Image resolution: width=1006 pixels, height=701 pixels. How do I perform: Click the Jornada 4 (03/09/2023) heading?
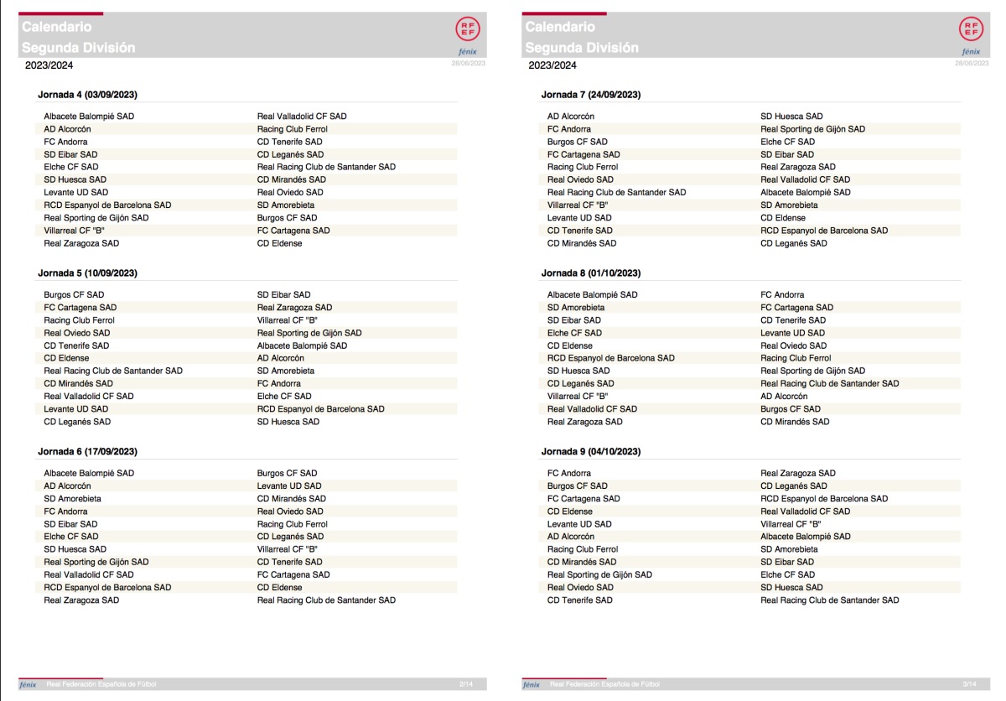(x=88, y=95)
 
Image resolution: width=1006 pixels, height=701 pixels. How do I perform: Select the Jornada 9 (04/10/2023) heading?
(x=591, y=451)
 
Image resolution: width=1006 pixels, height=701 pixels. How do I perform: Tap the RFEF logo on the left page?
(x=467, y=29)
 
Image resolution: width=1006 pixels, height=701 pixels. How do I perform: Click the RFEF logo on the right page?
(x=970, y=29)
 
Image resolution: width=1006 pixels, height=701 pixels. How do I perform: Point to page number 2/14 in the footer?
(x=466, y=685)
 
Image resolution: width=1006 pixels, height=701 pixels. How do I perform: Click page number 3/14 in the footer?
(x=970, y=685)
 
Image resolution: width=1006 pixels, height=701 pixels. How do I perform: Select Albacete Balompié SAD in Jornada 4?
(x=89, y=116)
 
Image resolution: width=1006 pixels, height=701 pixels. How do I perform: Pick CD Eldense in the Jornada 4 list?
(x=280, y=243)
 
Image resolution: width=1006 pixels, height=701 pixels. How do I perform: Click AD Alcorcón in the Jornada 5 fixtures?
(x=281, y=358)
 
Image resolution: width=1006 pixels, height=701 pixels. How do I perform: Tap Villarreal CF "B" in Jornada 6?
(x=288, y=549)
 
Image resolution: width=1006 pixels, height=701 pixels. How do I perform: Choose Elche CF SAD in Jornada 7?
(x=787, y=142)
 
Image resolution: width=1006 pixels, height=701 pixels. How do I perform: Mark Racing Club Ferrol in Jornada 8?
(x=796, y=358)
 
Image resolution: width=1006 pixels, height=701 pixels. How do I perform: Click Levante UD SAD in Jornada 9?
(x=579, y=524)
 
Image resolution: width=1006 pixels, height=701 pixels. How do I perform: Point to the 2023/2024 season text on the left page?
(x=49, y=65)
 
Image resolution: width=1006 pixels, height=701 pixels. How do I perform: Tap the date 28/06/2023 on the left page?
(x=468, y=63)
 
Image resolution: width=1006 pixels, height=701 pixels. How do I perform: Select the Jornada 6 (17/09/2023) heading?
(x=88, y=451)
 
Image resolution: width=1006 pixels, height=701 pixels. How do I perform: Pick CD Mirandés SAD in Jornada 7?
(x=582, y=243)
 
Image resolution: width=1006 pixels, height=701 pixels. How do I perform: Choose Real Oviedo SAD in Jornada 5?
(x=77, y=333)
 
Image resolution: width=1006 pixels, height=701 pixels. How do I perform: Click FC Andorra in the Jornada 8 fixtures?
(x=782, y=294)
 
